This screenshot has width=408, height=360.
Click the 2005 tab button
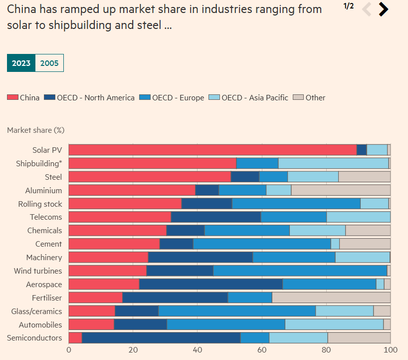[x=49, y=63]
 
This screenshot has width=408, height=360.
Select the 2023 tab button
[x=21, y=63]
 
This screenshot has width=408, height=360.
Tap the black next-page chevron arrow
[x=383, y=9]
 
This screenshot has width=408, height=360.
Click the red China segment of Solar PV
[x=212, y=150]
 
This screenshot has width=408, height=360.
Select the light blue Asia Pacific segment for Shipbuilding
[x=333, y=163]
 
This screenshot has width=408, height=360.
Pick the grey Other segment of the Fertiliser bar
[x=331, y=298]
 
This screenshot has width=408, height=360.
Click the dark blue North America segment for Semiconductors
[x=161, y=338]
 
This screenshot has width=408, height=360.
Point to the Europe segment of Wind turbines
[x=300, y=271]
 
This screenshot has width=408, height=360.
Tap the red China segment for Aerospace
[x=104, y=284]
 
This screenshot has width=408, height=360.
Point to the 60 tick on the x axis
[x=262, y=350]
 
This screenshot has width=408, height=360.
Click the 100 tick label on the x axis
[x=390, y=350]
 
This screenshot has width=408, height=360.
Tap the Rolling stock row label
[x=40, y=204]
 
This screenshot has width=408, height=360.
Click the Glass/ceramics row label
[x=36, y=311]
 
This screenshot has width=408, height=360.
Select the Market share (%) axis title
[x=35, y=130]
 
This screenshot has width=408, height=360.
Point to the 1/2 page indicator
[x=349, y=6]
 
